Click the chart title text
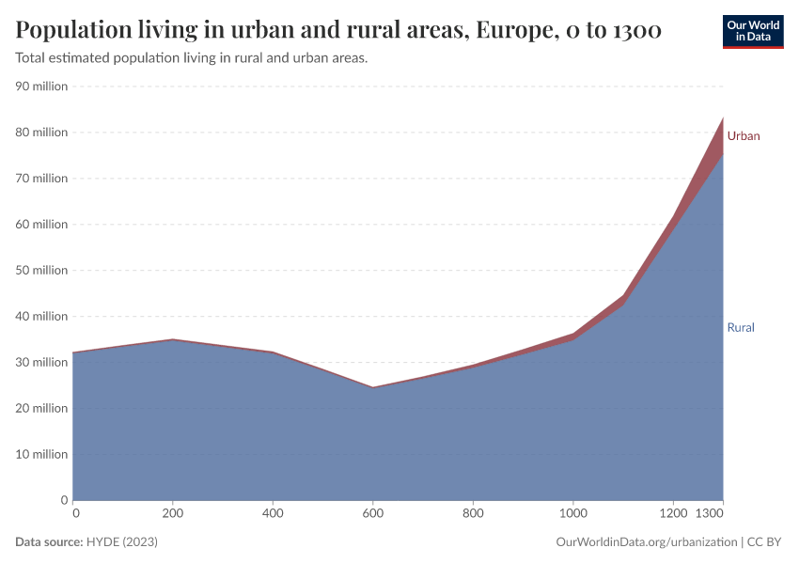(x=338, y=30)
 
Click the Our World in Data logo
(x=752, y=31)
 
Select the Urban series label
(x=743, y=136)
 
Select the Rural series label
(x=740, y=328)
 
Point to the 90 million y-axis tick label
(x=42, y=86)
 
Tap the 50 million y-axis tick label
(x=42, y=271)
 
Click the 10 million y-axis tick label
(x=42, y=454)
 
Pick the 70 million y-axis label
(x=42, y=179)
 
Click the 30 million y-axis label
(x=42, y=363)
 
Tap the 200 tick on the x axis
(x=173, y=513)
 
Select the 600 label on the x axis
(x=372, y=513)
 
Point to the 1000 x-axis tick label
(x=572, y=513)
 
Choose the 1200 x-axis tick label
(x=672, y=513)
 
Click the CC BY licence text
(x=766, y=542)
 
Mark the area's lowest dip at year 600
(x=372, y=387)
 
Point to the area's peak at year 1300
(x=722, y=117)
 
